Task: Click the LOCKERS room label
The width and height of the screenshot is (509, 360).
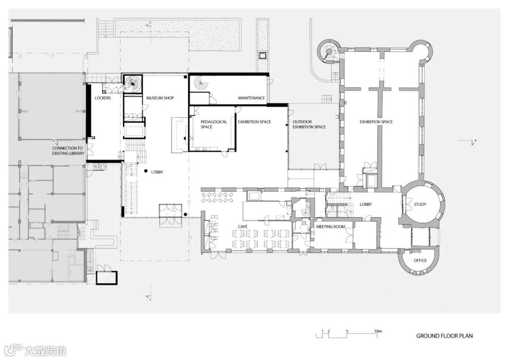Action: click(103, 98)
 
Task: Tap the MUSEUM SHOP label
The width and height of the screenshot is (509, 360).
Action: click(160, 98)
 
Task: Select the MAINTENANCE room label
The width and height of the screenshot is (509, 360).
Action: click(251, 98)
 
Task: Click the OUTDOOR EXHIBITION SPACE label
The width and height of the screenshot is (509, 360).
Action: click(309, 124)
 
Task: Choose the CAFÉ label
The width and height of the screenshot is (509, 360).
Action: click(243, 227)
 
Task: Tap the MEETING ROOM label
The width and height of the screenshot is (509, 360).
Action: click(330, 227)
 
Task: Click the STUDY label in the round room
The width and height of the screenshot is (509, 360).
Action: click(420, 205)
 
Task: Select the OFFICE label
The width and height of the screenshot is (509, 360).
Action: click(420, 261)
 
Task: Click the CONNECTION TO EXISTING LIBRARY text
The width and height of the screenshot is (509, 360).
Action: click(68, 151)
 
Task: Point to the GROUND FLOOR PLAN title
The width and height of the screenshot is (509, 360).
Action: click(444, 336)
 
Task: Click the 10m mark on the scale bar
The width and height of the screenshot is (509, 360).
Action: click(378, 331)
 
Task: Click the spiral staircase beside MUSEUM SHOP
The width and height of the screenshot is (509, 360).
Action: click(133, 83)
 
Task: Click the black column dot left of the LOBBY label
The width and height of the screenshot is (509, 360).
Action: click(146, 171)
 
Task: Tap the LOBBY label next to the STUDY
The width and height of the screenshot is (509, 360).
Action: click(366, 205)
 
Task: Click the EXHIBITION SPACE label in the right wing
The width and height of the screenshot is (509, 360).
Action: click(376, 122)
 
